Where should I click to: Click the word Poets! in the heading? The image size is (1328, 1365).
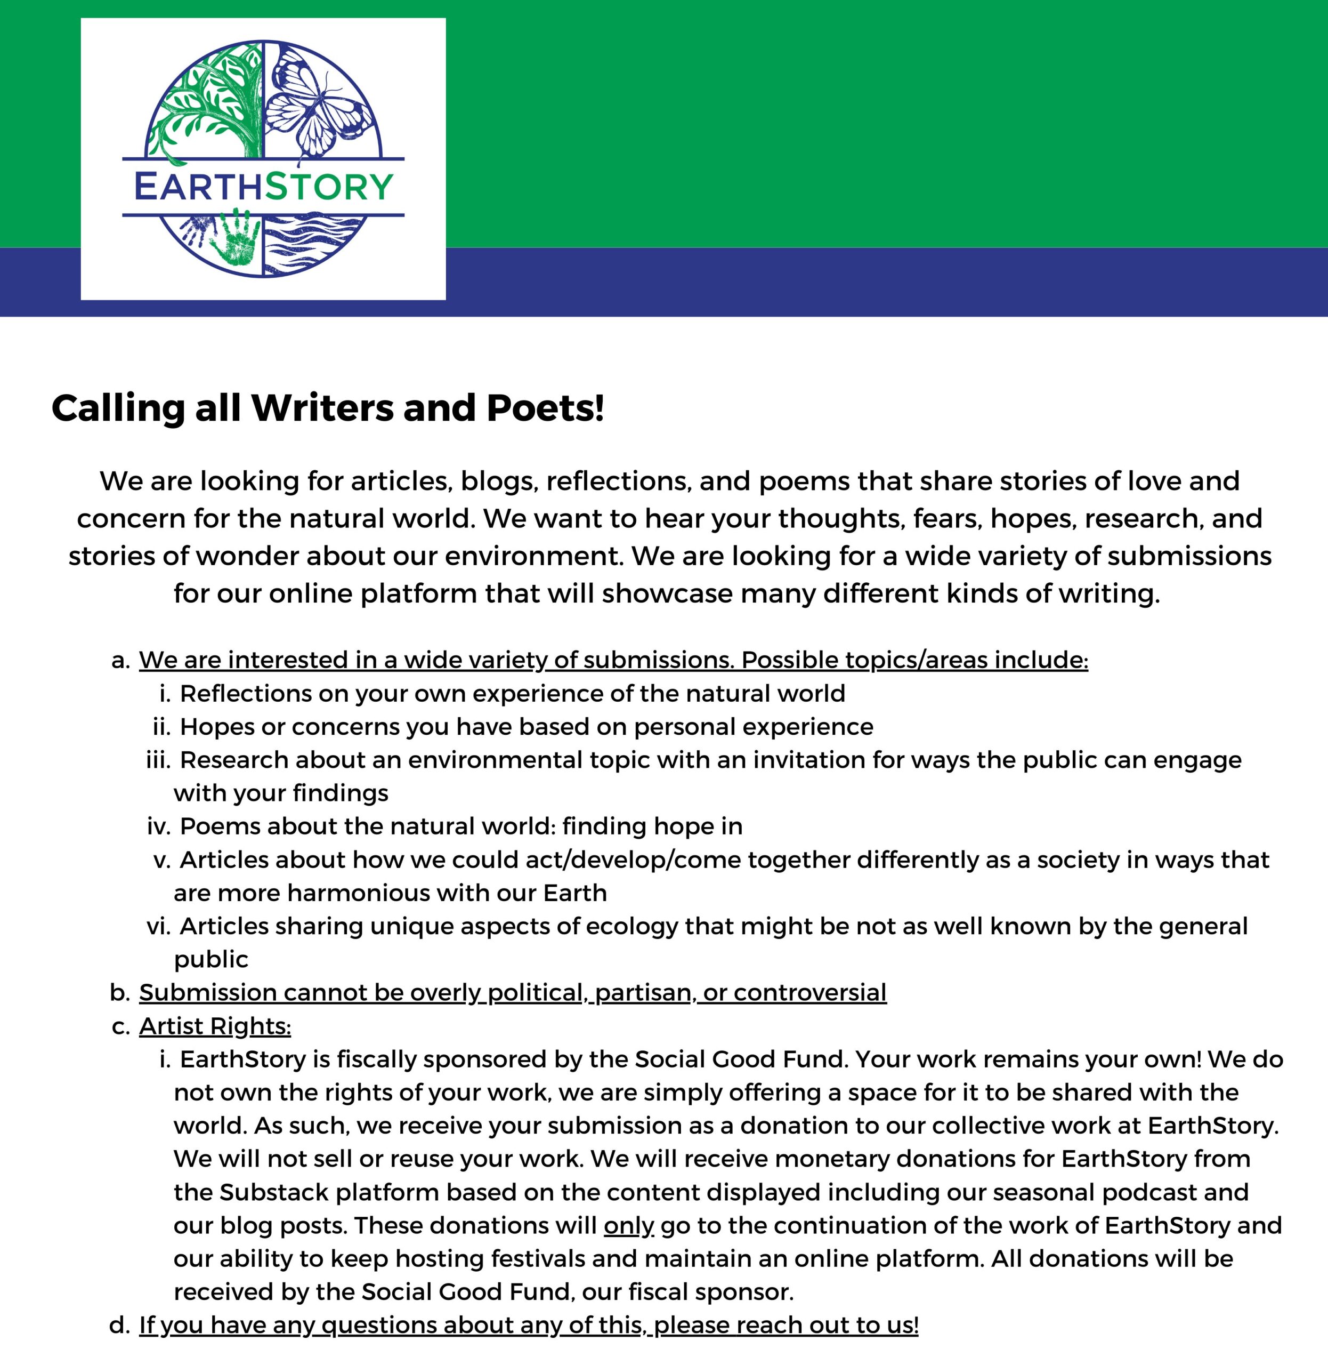click(x=546, y=408)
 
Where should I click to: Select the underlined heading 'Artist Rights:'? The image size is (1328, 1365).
click(x=215, y=1026)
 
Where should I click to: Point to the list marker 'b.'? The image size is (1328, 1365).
click(x=120, y=992)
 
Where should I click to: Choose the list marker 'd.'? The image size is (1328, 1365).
click(x=120, y=1325)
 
